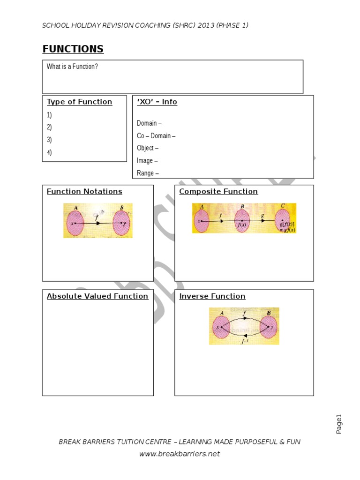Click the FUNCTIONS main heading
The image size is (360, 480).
click(73, 49)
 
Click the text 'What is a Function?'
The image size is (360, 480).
click(72, 67)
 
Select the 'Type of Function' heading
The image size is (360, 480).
click(79, 102)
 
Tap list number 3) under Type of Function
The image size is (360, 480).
click(49, 140)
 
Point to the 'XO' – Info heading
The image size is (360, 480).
click(157, 102)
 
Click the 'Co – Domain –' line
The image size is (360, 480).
click(156, 136)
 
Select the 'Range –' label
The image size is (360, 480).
click(148, 173)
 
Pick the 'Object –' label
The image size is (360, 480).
click(148, 148)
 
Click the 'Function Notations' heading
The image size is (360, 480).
click(84, 191)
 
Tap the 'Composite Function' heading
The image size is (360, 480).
click(218, 191)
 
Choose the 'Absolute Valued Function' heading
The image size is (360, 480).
click(97, 296)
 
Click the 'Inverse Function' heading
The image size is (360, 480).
click(212, 296)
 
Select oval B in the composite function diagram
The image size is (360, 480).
click(242, 220)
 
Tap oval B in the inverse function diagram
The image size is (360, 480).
click(269, 327)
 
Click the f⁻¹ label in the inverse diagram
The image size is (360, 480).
click(244, 342)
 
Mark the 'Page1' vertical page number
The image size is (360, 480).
click(339, 424)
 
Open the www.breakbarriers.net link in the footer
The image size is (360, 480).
click(180, 454)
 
